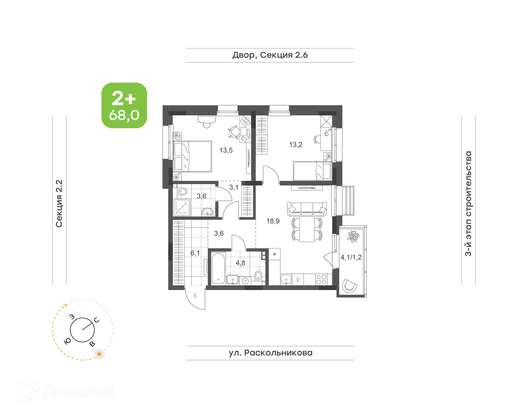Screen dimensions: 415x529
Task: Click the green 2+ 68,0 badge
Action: point(124,105)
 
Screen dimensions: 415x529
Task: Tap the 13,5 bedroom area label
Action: point(226,150)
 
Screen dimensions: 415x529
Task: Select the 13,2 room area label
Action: point(295,145)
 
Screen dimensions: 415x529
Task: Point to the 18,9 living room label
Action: point(273,221)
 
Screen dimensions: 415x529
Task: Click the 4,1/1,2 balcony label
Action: point(351,257)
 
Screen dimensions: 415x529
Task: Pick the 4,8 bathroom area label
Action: point(240,263)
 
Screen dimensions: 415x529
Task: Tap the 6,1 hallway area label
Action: point(195,253)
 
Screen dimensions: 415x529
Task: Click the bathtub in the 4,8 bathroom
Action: point(218,268)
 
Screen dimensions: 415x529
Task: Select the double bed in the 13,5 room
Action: point(192,156)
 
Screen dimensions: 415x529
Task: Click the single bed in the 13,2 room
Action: point(312,171)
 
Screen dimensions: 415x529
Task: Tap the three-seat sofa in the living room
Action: point(307,209)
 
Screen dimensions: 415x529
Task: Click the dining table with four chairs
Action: point(307,229)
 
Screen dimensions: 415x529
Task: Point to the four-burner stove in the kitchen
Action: point(321,280)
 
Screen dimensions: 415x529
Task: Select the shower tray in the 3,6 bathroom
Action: point(182,208)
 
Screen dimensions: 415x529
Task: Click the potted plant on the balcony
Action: point(353,236)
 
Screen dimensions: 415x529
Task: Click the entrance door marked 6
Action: point(195,299)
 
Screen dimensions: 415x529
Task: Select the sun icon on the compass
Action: point(99,354)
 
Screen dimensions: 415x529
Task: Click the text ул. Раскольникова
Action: point(270,353)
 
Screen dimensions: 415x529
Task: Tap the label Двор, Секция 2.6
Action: point(270,55)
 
